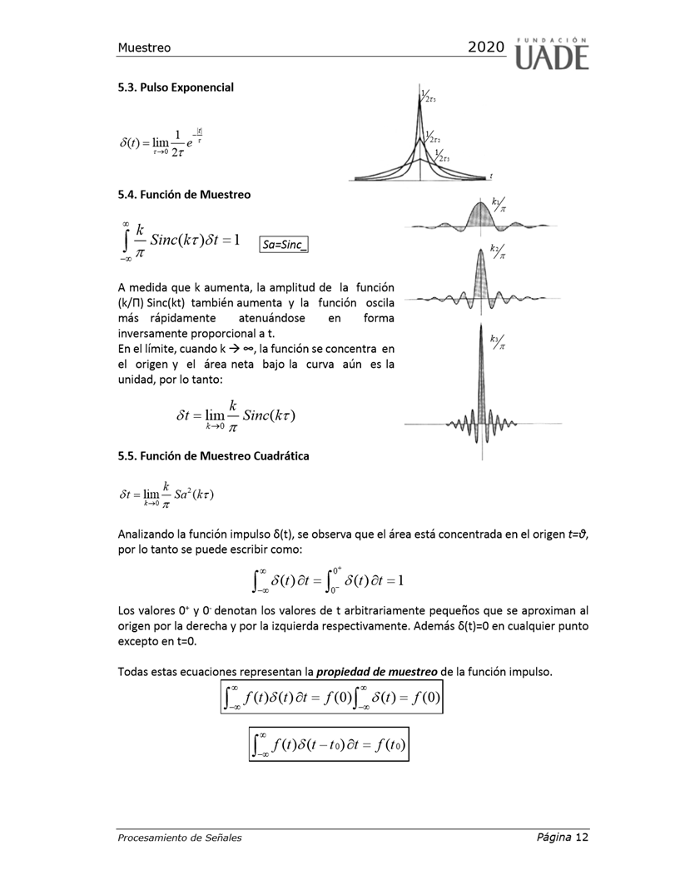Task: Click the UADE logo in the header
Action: tap(552, 52)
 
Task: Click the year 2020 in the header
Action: tap(486, 48)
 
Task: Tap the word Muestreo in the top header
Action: tap(144, 48)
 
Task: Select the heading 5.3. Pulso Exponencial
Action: tap(176, 87)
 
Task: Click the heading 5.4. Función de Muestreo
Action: tap(184, 195)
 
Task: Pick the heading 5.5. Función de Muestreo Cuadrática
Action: tap(213, 455)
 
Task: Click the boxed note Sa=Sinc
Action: tap(284, 245)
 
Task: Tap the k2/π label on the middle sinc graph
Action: tap(498, 252)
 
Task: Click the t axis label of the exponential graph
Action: tap(491, 176)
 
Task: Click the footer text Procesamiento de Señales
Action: tap(180, 838)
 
